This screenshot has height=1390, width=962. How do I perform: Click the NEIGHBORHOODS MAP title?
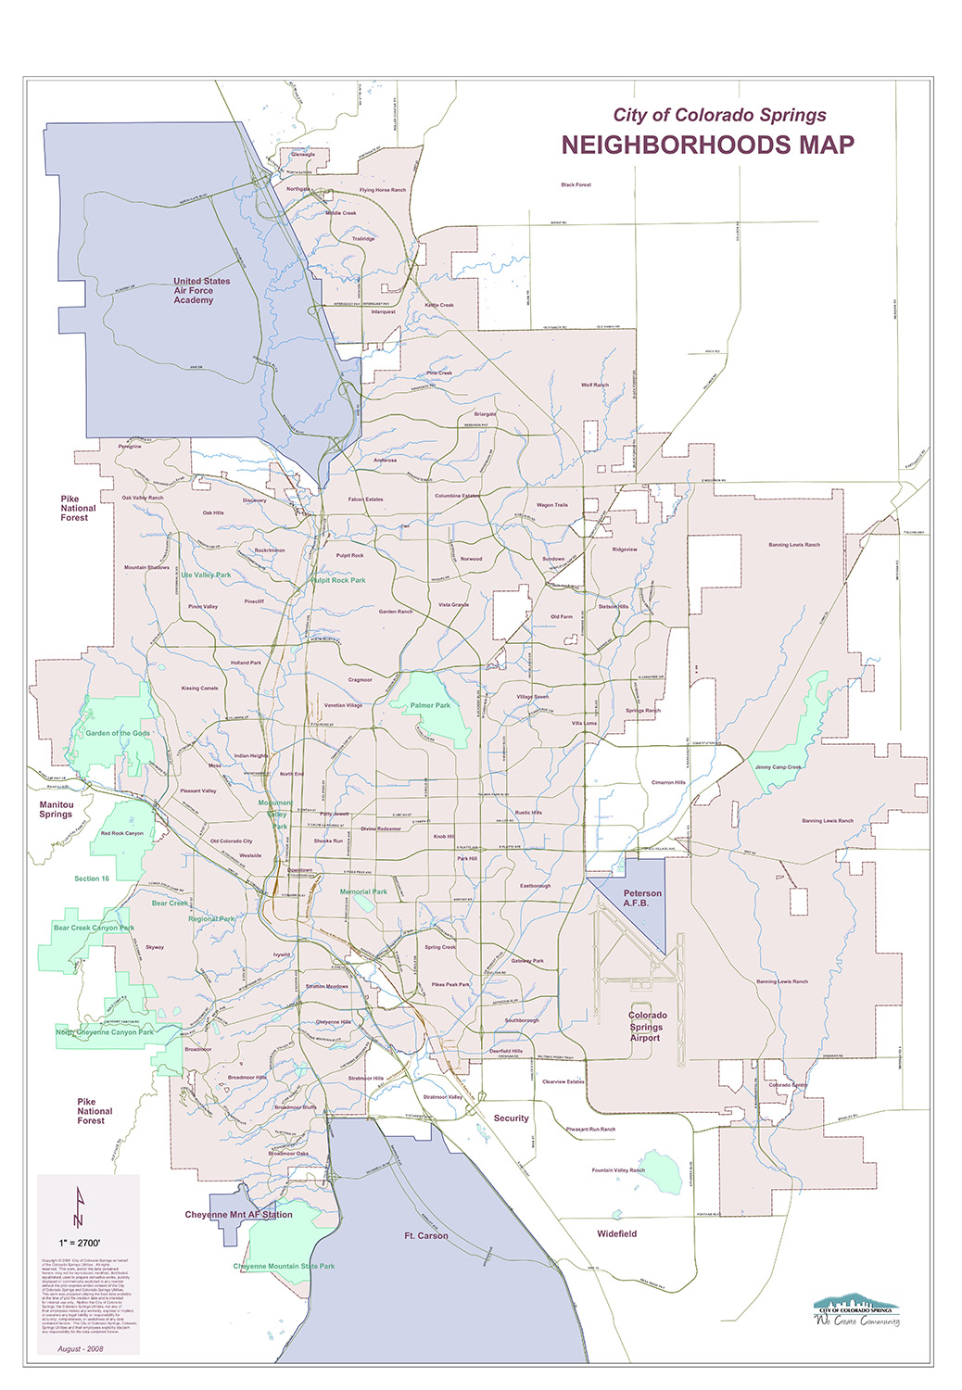(x=707, y=145)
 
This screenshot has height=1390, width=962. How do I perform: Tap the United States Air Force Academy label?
(x=201, y=291)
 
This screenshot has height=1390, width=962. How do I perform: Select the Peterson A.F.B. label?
(x=642, y=898)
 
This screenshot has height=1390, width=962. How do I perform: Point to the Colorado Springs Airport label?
(x=647, y=1027)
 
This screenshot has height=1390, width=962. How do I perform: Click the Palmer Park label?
(x=430, y=705)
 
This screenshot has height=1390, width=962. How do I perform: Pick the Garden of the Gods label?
(x=118, y=733)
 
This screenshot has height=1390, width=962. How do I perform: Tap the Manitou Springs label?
(x=56, y=809)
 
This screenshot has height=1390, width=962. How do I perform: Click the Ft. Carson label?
(x=425, y=1236)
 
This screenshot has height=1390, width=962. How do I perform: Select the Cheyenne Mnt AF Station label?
(x=238, y=1215)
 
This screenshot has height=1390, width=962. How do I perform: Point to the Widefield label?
(x=616, y=1234)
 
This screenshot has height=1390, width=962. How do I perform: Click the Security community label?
(x=511, y=1118)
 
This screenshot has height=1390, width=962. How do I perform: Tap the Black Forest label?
(x=576, y=185)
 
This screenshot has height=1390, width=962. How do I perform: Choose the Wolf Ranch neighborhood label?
(x=595, y=385)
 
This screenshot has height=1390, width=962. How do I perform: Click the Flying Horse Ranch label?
(x=383, y=190)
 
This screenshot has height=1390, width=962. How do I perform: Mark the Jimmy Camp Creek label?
(x=778, y=767)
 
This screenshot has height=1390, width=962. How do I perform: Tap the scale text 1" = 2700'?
(x=80, y=1241)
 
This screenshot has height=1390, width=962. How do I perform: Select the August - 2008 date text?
(x=81, y=1348)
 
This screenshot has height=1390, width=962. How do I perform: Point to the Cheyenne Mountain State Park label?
(x=284, y=1266)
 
